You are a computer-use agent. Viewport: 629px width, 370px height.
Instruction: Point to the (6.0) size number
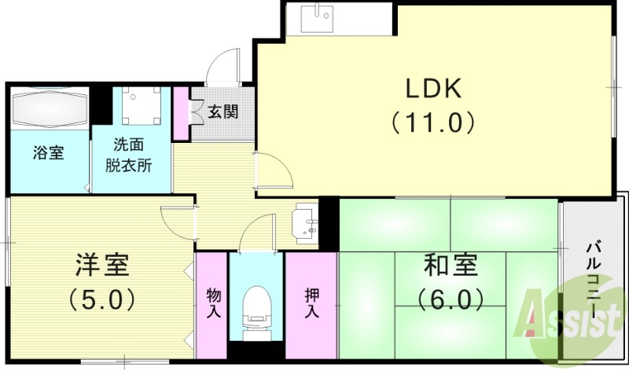449,299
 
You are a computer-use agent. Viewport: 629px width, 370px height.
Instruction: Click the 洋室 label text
102,265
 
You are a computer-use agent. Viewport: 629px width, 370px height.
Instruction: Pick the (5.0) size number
102,299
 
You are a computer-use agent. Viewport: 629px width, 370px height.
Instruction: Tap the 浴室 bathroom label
48,152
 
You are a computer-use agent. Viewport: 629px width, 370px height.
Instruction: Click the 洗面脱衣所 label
129,155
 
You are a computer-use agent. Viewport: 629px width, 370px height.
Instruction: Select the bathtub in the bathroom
49,108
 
